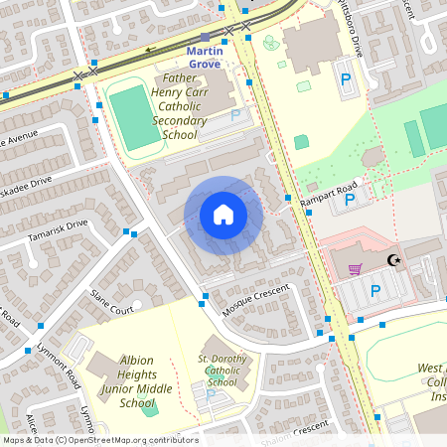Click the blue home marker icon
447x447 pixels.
point(223,215)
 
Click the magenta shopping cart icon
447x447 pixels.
point(355,268)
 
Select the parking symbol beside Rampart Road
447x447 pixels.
point(349,201)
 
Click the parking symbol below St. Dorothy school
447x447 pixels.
point(210,395)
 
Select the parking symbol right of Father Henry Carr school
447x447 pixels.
point(236,115)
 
